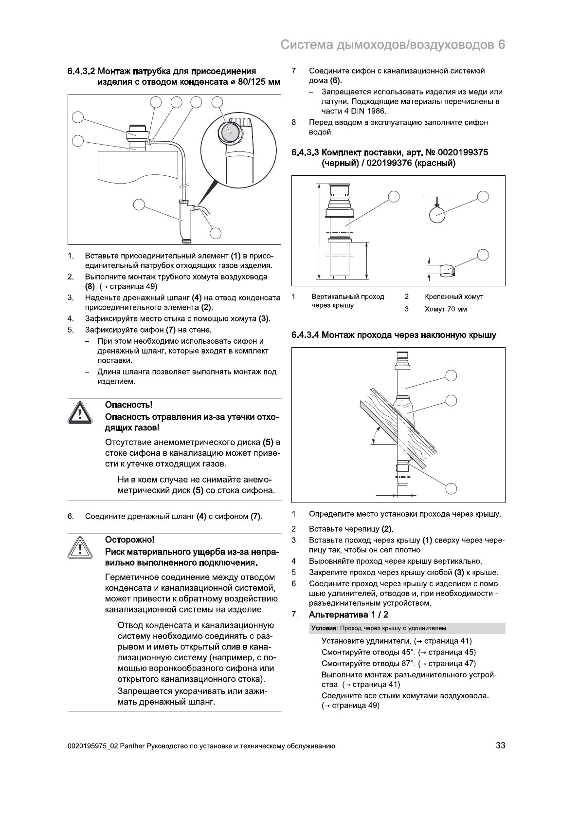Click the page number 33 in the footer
coord(500,745)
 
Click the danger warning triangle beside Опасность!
coord(79,413)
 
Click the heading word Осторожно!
coord(130,540)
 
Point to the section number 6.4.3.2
coord(81,72)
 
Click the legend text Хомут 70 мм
coord(445,309)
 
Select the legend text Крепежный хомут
coord(453,297)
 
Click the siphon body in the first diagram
coord(183,225)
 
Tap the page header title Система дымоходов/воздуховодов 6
coord(393,45)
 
